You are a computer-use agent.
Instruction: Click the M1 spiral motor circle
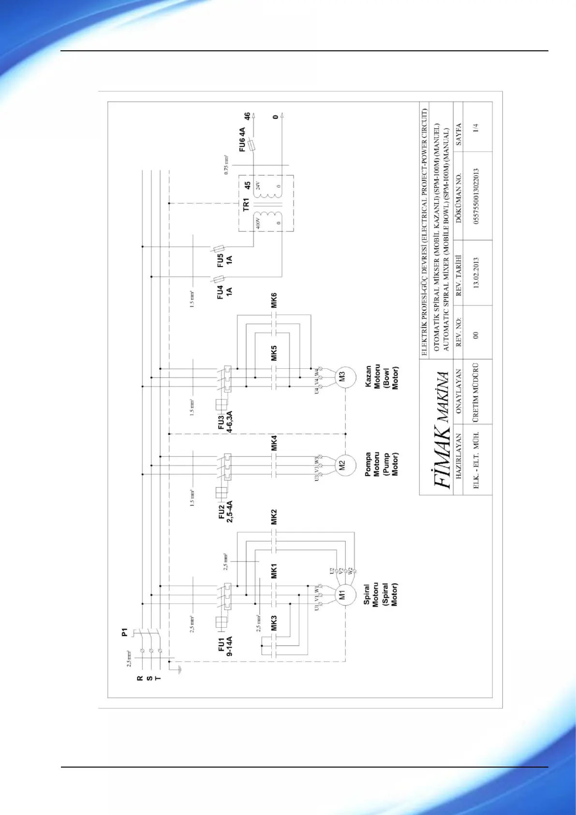tap(342, 595)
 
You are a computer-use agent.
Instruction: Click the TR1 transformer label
tap(246, 204)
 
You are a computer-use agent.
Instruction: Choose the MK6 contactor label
tap(274, 300)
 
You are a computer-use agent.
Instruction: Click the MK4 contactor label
tap(274, 443)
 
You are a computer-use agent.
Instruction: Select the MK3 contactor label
tap(274, 623)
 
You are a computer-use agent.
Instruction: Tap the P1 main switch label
tap(124, 632)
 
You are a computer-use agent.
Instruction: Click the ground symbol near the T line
tap(178, 669)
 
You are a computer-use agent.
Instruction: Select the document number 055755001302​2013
tap(476, 196)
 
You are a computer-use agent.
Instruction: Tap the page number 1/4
tap(476, 128)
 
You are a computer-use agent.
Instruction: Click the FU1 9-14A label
tap(225, 647)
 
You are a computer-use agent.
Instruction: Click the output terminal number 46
tap(247, 116)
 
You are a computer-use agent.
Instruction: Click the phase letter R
tap(140, 679)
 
